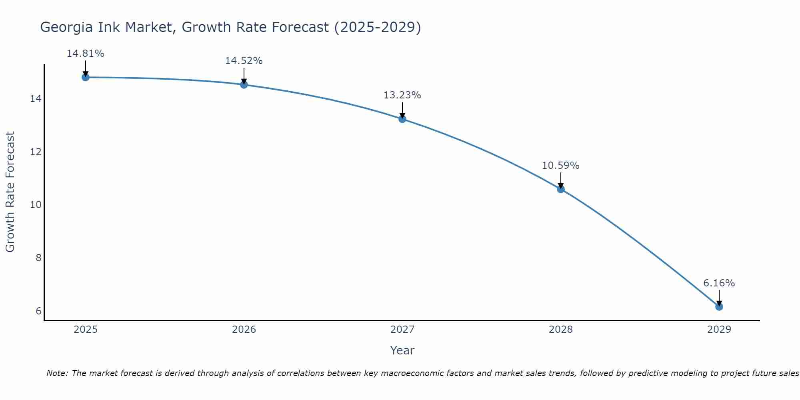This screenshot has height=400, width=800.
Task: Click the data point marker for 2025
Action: [85, 77]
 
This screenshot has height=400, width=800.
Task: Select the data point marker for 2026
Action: [244, 85]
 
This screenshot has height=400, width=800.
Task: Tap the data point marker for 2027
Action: [402, 119]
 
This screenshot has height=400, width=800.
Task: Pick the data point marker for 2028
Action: [560, 189]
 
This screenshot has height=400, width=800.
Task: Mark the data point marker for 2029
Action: [719, 307]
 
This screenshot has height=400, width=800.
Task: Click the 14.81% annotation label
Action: [85, 54]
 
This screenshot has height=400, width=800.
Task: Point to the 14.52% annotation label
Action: [244, 61]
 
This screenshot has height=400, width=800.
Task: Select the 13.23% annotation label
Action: [402, 95]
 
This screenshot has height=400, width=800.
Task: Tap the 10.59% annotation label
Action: [560, 166]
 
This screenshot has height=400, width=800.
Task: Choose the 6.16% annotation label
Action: [719, 283]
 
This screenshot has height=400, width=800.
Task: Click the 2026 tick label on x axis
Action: [244, 330]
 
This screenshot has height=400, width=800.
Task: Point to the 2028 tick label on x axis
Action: [560, 330]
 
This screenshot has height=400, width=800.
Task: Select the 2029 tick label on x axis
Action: [719, 330]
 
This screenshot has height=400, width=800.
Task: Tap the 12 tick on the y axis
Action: [36, 152]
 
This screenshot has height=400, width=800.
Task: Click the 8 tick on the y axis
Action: [38, 258]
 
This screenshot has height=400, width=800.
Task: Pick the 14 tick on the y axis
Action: [36, 99]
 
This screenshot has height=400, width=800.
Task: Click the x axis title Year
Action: [402, 350]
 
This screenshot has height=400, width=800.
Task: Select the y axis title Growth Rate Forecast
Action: [10, 192]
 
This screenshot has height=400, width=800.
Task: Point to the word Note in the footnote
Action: [57, 373]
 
